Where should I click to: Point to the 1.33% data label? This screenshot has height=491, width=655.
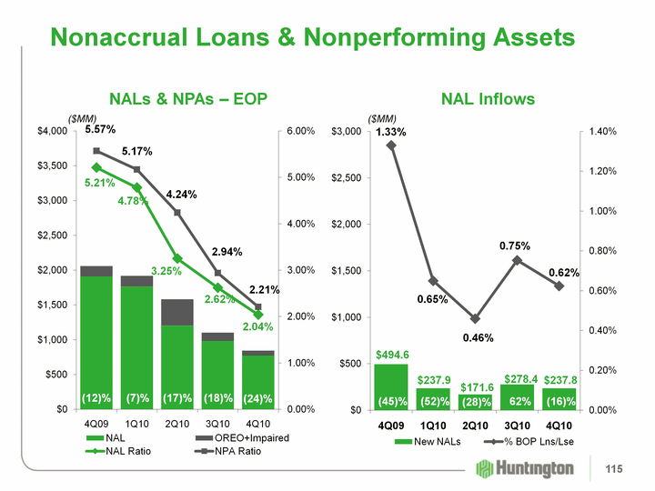[391, 133]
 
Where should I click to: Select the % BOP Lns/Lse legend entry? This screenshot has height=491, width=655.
[520, 442]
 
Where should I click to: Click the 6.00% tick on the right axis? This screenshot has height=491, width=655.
[302, 132]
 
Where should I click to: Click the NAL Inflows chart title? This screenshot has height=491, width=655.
[488, 98]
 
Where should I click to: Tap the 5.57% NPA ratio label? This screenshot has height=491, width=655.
[98, 130]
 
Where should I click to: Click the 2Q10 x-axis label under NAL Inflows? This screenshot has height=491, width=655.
[475, 425]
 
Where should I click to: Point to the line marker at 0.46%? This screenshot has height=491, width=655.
[475, 318]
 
